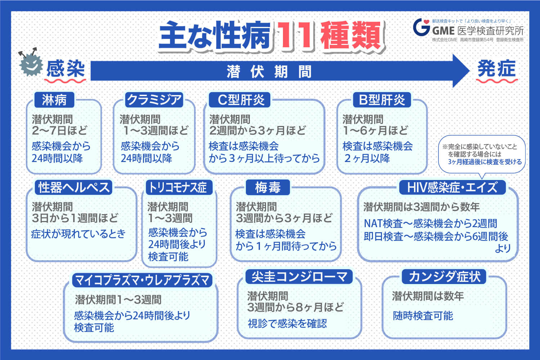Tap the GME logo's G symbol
tap(421, 27)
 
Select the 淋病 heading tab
tap(54, 100)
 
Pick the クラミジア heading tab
tap(154, 100)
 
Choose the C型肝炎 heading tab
tap(241, 100)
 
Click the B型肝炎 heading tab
tap(382, 100)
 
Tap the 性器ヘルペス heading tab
tap(74, 187)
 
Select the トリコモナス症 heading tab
tap(178, 187)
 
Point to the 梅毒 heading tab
tap(267, 187)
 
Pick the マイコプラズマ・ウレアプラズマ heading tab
tap(142, 280)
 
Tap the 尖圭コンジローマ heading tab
tap(299, 277)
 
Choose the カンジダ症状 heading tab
tap(444, 277)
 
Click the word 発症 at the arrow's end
tap(496, 69)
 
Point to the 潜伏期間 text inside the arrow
tap(269, 72)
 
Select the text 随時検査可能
tap(423, 316)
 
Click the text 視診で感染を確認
tap(287, 323)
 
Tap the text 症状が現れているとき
tap(78, 234)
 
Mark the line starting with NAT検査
tap(430, 224)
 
